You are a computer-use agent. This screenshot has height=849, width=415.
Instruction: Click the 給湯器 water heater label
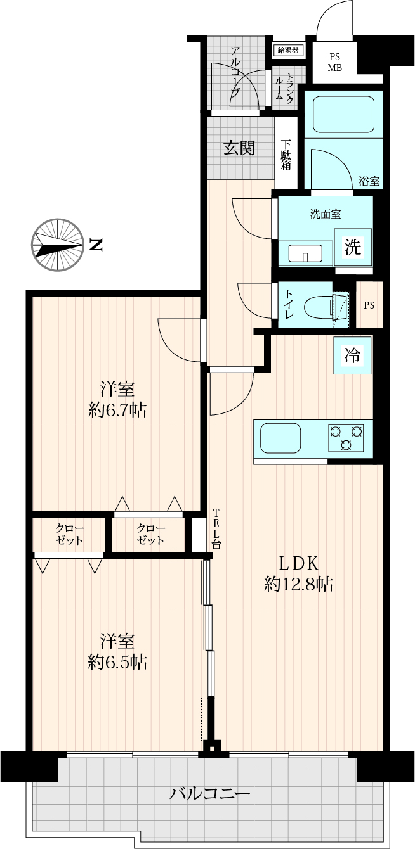click(288, 50)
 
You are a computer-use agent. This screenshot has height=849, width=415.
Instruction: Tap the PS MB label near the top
click(335, 63)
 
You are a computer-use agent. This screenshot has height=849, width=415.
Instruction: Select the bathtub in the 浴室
click(344, 114)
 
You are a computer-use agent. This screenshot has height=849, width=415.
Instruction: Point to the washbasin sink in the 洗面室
click(305, 253)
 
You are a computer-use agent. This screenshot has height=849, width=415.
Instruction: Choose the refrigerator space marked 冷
click(352, 355)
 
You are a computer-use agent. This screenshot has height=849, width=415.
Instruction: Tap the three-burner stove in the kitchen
click(346, 438)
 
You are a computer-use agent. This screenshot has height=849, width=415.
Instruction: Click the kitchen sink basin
click(280, 438)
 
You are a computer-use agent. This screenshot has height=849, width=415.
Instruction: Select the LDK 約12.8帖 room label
click(298, 574)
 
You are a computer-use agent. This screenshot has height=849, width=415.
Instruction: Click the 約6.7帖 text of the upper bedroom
click(117, 410)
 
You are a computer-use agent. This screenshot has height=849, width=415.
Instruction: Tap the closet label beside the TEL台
click(151, 534)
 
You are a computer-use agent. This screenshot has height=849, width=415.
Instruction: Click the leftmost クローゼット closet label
click(69, 534)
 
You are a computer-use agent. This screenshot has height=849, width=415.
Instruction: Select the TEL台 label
click(216, 529)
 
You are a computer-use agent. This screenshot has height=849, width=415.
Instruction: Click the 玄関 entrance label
click(239, 148)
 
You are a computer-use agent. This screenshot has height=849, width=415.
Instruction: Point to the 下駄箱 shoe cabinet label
click(286, 155)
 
